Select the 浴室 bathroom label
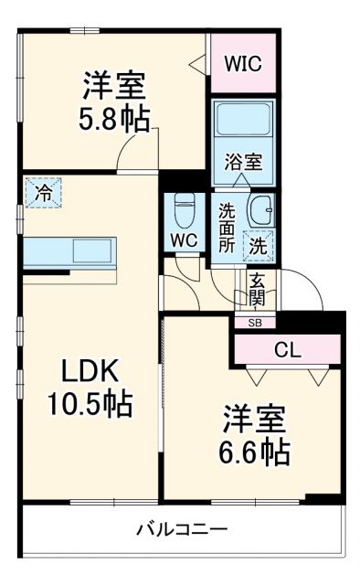244,163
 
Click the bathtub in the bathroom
244,122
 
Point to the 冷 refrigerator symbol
44,193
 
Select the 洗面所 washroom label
227,227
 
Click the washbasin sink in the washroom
259,211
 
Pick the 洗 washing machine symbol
259,245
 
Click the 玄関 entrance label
258,288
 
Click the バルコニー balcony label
182,529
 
